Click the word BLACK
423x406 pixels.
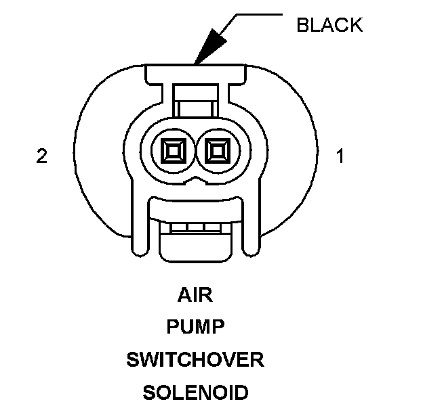click(329, 26)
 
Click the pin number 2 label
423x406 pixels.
click(42, 156)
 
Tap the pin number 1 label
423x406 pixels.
click(340, 156)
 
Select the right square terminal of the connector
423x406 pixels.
click(217, 150)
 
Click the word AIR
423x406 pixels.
click(195, 295)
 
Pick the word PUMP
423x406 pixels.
click(195, 328)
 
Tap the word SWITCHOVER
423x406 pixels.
click(195, 359)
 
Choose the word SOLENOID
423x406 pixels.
click(195, 392)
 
